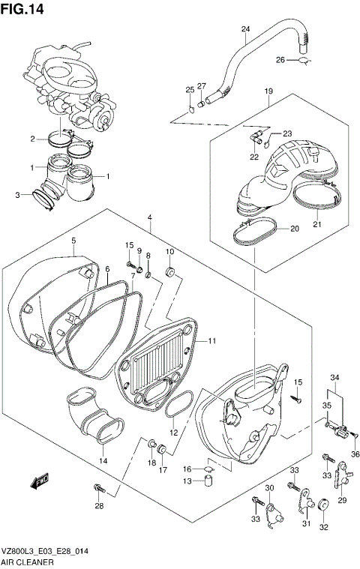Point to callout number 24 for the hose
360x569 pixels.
tap(244, 29)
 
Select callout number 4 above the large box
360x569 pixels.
tap(150, 218)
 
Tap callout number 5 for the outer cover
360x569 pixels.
tap(73, 240)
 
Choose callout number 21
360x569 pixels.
tap(316, 223)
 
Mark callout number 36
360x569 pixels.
tap(355, 454)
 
